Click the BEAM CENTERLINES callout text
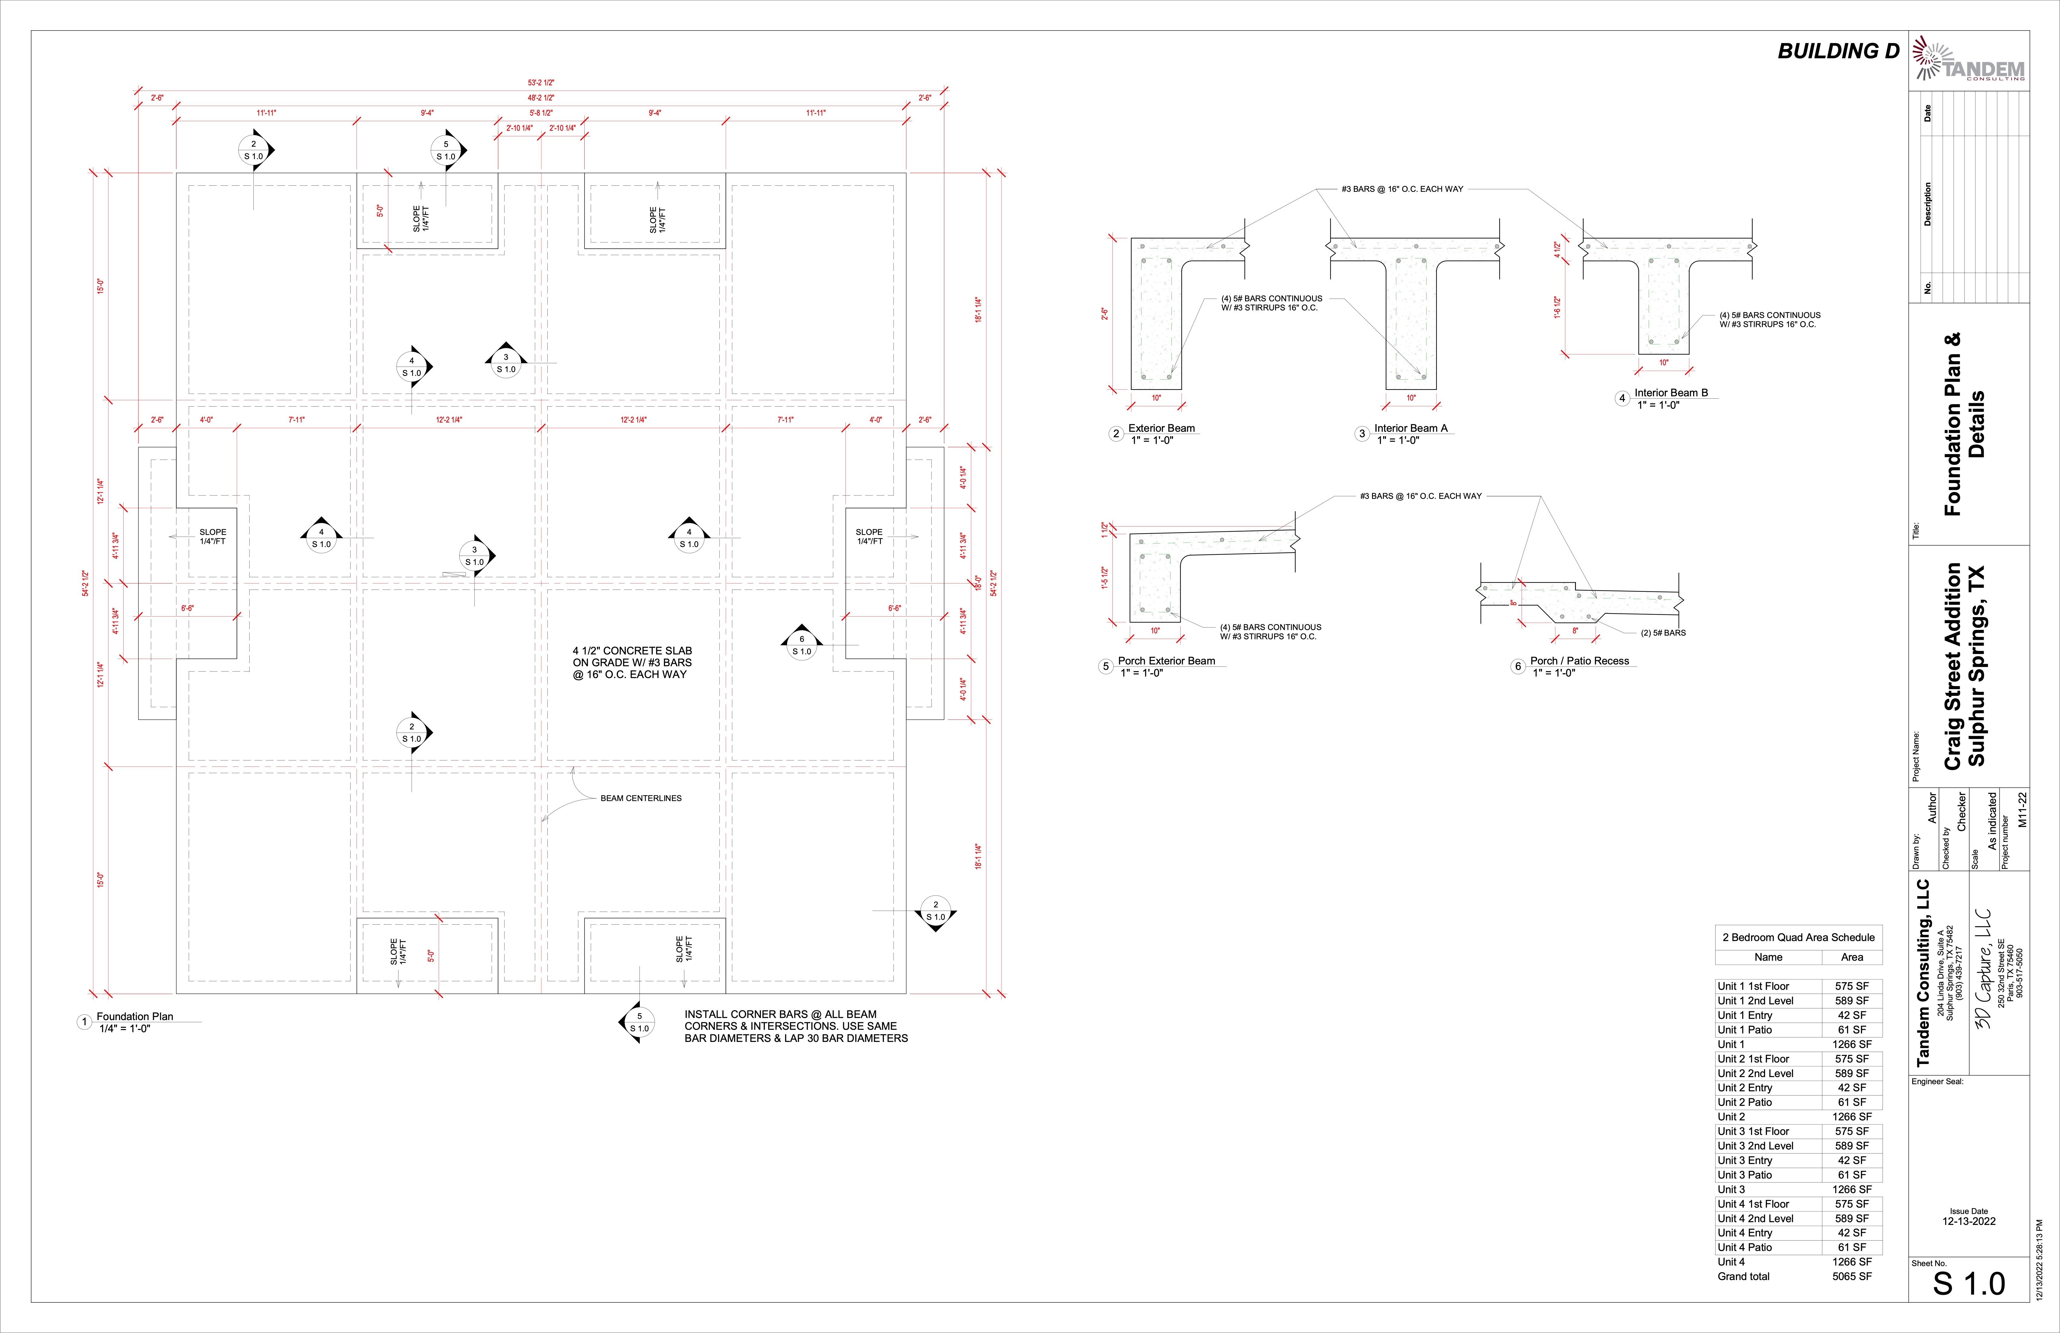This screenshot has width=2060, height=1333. pyautogui.click(x=640, y=798)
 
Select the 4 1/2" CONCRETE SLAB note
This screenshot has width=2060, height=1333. pyautogui.click(x=632, y=662)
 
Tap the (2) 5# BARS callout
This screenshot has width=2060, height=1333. pyautogui.click(x=1663, y=633)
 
